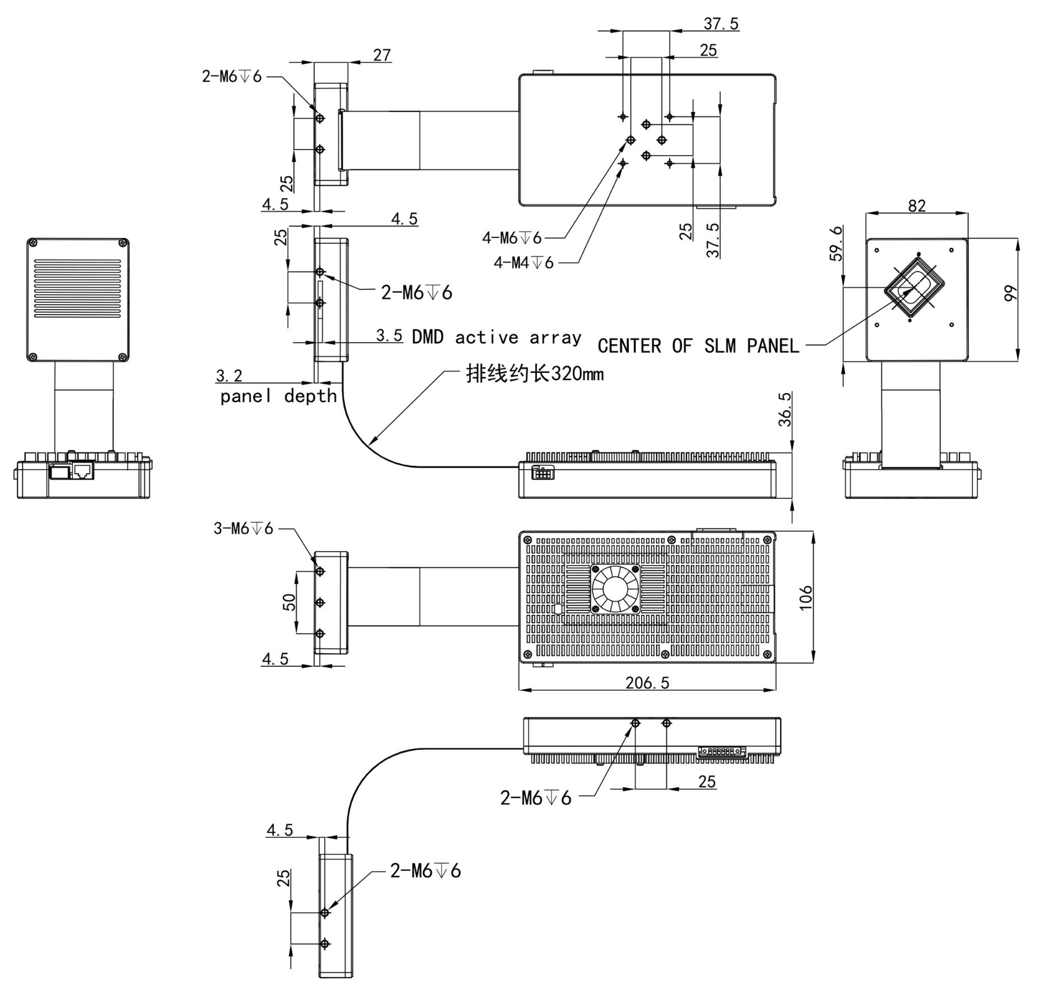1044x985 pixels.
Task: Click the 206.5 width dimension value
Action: click(647, 683)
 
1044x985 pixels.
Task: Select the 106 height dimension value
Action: click(805, 597)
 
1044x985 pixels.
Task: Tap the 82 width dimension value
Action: click(917, 206)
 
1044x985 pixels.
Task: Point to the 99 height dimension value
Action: click(1010, 293)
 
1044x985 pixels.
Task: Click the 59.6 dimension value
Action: click(836, 243)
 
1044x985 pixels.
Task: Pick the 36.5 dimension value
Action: click(785, 409)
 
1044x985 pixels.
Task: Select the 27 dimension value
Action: click(382, 55)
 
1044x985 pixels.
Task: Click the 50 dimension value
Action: click(289, 602)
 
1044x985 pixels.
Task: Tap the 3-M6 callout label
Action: click(243, 528)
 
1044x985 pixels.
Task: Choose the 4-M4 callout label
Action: click(523, 262)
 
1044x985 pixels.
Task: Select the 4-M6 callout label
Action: click(512, 238)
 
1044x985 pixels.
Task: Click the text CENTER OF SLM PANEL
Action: click(698, 346)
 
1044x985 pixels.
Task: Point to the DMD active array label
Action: click(497, 337)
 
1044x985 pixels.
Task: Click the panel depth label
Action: click(278, 396)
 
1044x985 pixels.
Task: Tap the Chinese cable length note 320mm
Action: click(535, 374)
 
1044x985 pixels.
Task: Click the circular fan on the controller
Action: click(615, 589)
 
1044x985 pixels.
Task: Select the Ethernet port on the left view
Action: click(82, 470)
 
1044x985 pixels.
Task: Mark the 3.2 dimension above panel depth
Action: click(229, 375)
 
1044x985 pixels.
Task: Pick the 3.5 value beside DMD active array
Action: click(389, 335)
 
